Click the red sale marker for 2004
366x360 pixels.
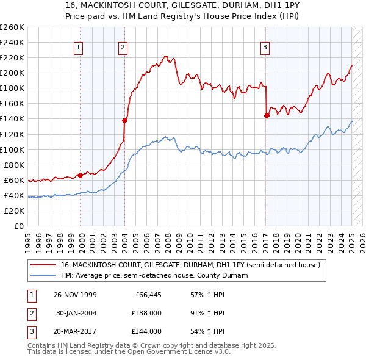coord(124,120)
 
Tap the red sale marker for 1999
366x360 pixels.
coord(80,175)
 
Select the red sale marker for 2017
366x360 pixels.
coord(267,115)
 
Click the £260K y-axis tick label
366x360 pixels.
coord(12,27)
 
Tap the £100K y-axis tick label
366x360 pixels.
coord(12,149)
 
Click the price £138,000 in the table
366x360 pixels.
coord(147,314)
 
